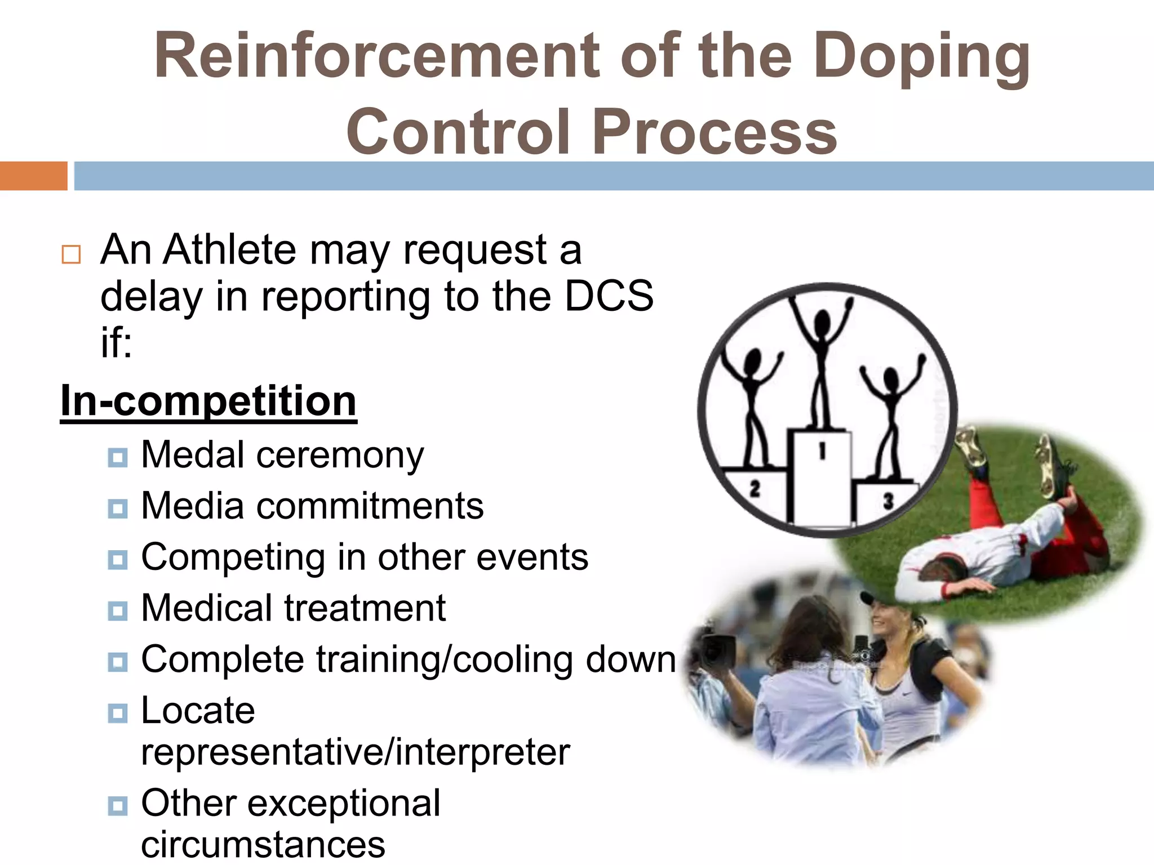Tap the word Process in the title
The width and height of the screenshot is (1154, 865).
714,132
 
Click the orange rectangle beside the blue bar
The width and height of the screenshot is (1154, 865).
33,176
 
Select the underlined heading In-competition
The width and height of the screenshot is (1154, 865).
208,401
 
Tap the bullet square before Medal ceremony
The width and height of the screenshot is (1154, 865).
117,457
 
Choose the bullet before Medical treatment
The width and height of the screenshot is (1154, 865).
117,610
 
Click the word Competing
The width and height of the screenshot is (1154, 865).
233,558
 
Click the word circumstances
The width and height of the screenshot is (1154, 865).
263,845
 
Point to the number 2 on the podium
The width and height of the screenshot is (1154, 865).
755,488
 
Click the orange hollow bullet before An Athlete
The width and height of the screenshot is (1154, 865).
71,255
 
